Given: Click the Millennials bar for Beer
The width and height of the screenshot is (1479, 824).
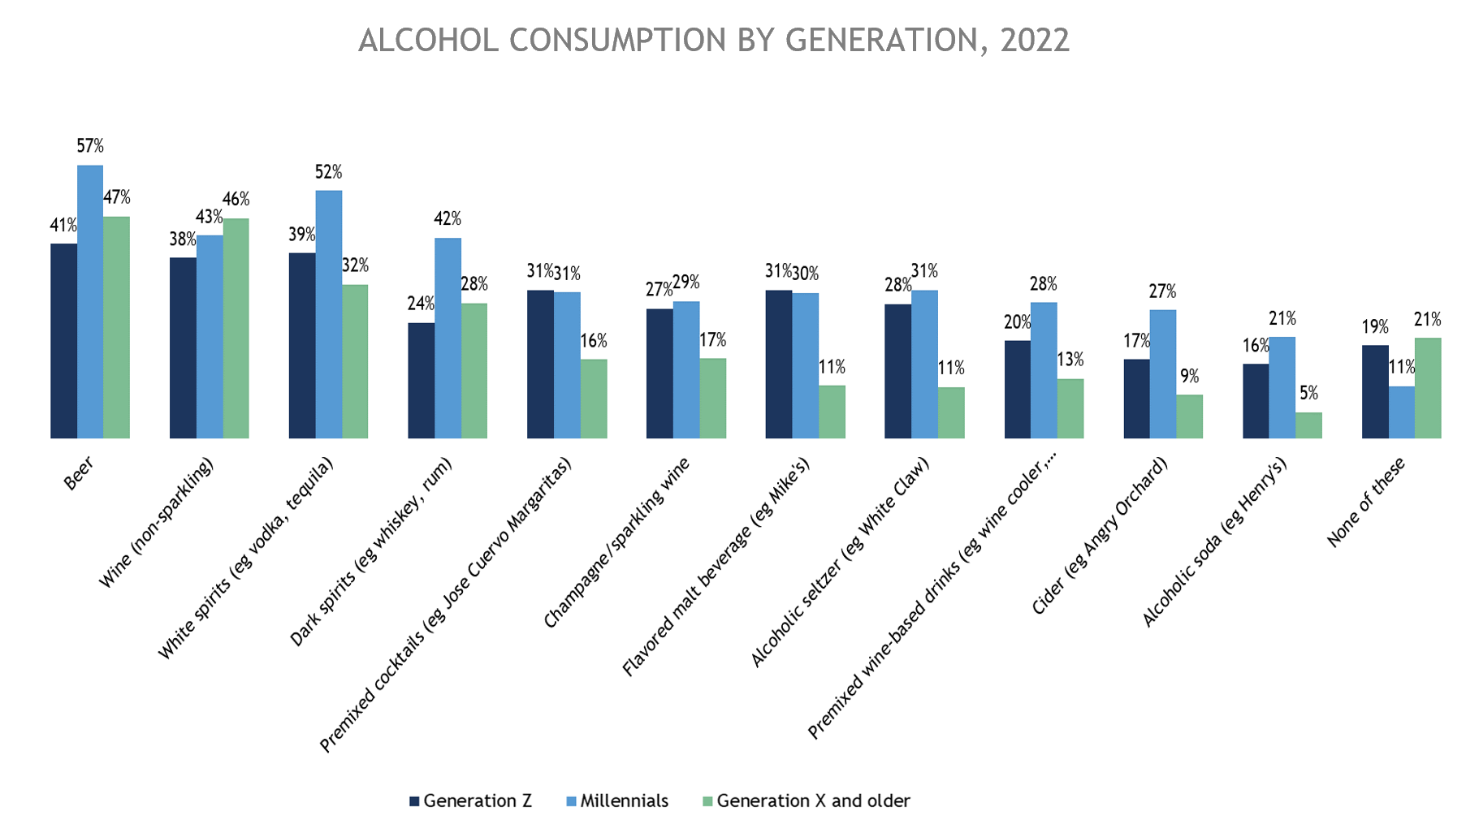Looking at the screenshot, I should tap(90, 302).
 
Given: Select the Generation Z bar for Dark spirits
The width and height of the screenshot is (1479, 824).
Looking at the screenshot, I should tap(421, 381).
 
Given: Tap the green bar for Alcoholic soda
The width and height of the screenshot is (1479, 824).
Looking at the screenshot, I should tap(1308, 425).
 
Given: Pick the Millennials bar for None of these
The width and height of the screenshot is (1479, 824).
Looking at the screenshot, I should tap(1401, 412).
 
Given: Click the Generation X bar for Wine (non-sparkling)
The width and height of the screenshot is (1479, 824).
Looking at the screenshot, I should tap(236, 328).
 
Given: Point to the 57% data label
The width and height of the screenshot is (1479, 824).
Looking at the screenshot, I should tap(90, 146).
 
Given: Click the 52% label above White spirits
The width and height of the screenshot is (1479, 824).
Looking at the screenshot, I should tap(328, 172).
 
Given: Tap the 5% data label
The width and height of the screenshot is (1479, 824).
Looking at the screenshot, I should tap(1308, 394).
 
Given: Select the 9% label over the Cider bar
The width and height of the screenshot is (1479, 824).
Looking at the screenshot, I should tap(1189, 376).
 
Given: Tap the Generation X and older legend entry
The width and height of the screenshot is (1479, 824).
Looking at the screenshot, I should tap(813, 801).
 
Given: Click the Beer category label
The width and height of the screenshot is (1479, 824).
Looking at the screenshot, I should tap(79, 473).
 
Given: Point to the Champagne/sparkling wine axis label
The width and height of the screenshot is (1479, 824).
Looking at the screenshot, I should tap(617, 542).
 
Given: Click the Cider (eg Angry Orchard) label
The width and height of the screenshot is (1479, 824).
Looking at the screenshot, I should tap(1100, 536).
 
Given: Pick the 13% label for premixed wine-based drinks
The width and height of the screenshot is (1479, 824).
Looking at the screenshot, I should tap(1070, 360).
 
